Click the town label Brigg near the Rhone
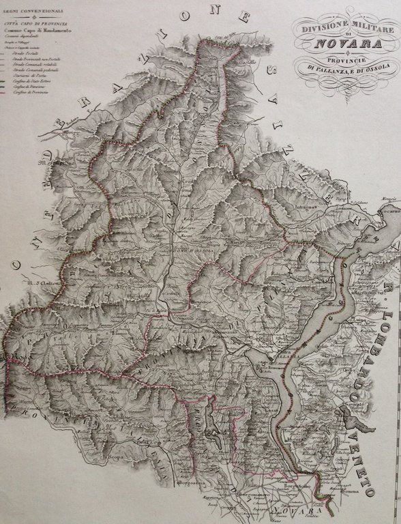click(x=72, y=133)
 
